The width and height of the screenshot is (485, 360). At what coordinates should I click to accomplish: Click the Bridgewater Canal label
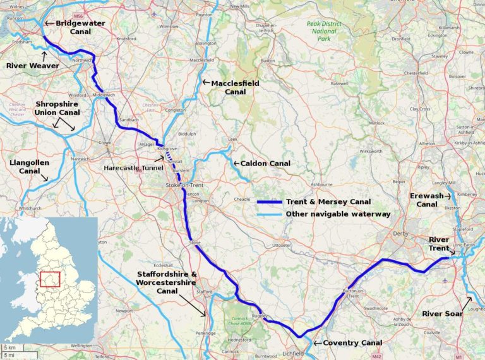pos(79,27)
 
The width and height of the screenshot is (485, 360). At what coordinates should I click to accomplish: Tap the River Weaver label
pos(32,65)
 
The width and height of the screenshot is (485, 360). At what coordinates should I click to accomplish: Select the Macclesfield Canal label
pos(236,87)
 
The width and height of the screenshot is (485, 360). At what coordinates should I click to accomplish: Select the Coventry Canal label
pos(352,343)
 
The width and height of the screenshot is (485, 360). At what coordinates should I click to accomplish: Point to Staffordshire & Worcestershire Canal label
pos(166,282)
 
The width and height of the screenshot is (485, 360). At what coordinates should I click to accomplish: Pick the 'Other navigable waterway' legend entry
pos(338,214)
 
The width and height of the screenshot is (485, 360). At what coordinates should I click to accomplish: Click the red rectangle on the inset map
pos(50,279)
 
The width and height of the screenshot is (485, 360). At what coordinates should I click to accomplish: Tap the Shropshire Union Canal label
pos(57,108)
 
